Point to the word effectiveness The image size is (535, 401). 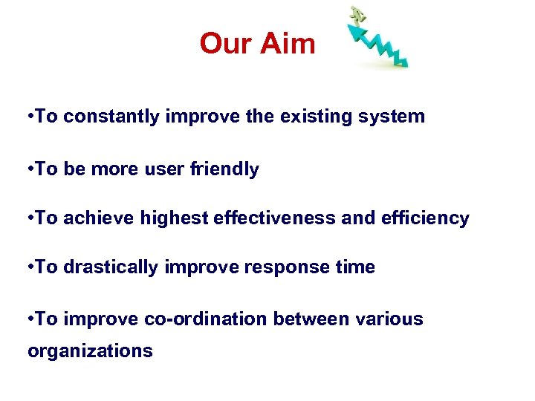pyautogui.click(x=283, y=218)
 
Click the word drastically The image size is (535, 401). pyautogui.click(x=111, y=267)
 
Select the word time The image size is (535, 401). pyautogui.click(x=356, y=267)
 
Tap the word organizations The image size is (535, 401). pyautogui.click(x=90, y=351)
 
